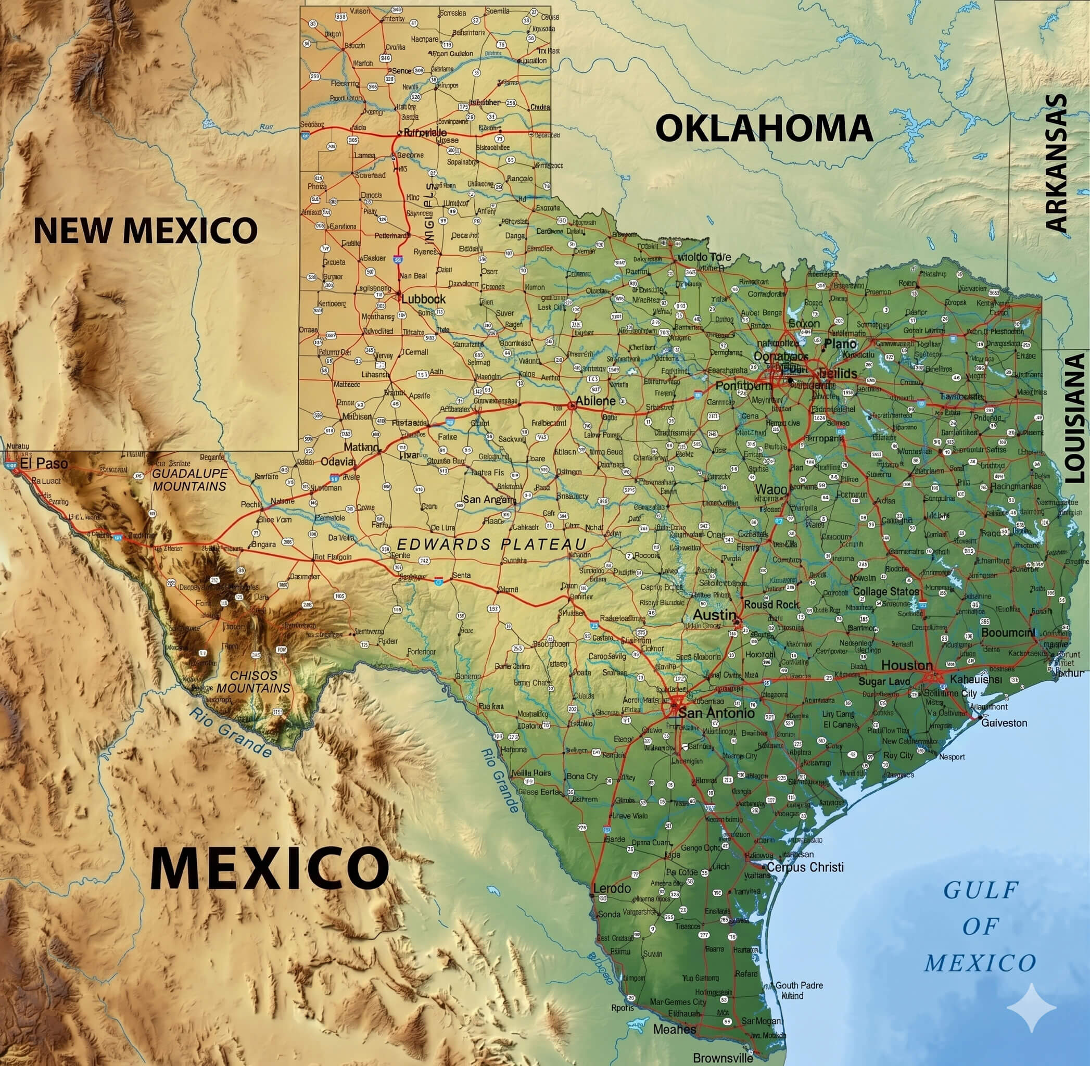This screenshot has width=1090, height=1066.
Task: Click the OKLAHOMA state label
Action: coord(764,129)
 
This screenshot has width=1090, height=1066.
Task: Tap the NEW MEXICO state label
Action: coord(146,230)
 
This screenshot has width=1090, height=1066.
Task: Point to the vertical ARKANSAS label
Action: coord(1057,163)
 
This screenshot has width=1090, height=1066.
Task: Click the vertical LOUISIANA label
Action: coord(1074,417)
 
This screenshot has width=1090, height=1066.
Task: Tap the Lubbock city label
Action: coord(423,299)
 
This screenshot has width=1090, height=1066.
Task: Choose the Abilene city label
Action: coord(595,401)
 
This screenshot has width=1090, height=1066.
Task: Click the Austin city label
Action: coord(714,615)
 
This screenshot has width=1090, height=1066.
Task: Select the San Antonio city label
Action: coord(716,713)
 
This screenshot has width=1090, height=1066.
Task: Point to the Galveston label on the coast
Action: coord(1004,723)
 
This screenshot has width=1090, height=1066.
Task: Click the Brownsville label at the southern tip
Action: coord(723,1058)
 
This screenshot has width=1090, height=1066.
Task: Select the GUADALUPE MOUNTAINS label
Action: coord(190,480)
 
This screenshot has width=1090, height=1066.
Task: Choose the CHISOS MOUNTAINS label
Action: coord(254,682)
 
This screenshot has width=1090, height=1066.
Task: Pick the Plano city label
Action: coord(840,344)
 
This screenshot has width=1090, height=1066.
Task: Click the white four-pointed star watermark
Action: coord(1031,1008)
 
